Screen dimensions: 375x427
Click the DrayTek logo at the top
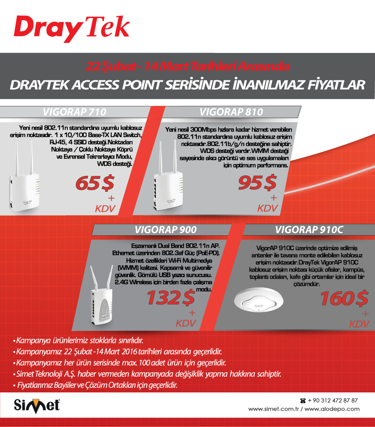tap(72, 28)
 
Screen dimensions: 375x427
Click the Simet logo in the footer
tap(37, 406)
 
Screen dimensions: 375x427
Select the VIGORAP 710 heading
tap(75, 112)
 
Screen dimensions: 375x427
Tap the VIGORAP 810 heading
tap(231, 112)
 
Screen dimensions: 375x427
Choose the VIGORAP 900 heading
tap(165, 230)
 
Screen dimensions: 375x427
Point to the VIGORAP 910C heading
tap(309, 230)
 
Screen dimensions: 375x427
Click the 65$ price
tap(95, 183)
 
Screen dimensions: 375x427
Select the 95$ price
tap(257, 182)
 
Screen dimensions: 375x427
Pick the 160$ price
tap(344, 298)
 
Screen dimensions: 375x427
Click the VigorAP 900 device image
tap(101, 295)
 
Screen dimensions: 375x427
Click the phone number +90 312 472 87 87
tap(333, 401)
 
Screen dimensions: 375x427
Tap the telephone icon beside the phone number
tap(303, 401)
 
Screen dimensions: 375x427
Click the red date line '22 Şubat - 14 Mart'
tap(187, 66)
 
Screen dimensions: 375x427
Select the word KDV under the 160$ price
tap(359, 324)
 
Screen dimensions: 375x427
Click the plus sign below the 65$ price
tap(111, 198)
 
